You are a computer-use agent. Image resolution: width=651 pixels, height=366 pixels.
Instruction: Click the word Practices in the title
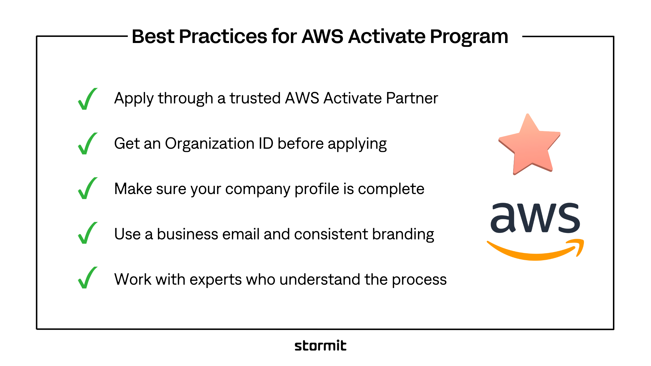tap(223, 37)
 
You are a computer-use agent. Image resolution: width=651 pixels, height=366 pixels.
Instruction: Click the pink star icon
tap(530, 144)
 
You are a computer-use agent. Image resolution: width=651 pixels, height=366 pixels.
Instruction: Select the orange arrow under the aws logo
tap(536, 250)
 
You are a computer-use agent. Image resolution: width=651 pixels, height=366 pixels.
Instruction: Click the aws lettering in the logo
tap(535, 218)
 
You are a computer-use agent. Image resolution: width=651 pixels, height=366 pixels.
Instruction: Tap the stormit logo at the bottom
tap(320, 345)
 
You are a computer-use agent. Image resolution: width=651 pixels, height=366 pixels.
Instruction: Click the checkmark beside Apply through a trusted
tap(87, 99)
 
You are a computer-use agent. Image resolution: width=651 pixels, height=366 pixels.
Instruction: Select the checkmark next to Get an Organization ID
tap(87, 143)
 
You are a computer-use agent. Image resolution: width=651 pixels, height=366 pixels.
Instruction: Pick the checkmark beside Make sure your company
tap(87, 188)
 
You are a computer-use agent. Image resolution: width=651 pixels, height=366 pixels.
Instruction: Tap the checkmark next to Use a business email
tap(87, 233)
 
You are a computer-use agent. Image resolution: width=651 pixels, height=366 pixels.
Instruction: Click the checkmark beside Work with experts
tap(87, 278)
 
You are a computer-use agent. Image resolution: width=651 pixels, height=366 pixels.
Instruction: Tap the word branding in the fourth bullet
tap(403, 235)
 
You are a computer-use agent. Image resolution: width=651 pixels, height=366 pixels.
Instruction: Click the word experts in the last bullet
tap(216, 280)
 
